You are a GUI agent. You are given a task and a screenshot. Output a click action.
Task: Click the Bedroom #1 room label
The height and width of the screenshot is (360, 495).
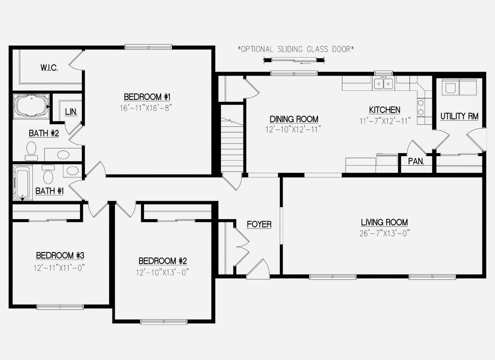(x=147, y=97)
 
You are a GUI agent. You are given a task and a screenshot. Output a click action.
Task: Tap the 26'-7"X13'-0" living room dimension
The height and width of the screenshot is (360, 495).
(x=384, y=234)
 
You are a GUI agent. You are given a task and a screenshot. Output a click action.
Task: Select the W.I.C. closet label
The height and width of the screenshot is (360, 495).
(x=49, y=67)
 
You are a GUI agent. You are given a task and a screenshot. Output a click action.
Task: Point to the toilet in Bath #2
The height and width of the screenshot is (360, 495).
(x=31, y=151)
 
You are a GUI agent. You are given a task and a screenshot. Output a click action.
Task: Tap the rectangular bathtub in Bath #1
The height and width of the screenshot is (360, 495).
(x=22, y=183)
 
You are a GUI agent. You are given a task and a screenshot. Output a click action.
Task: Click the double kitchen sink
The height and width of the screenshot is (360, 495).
(x=383, y=83)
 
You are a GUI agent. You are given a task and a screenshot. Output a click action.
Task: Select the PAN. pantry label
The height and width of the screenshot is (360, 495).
(x=416, y=162)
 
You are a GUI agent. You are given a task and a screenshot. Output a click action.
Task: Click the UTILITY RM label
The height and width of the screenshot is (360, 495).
(x=459, y=116)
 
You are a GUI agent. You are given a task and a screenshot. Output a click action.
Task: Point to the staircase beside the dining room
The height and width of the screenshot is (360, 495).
(x=232, y=139)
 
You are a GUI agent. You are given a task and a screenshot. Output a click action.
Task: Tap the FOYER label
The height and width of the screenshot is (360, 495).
(x=259, y=224)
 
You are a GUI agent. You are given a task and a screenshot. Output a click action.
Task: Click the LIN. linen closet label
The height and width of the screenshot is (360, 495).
(x=71, y=112)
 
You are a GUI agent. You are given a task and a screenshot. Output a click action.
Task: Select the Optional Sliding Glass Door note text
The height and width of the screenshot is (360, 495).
(x=296, y=49)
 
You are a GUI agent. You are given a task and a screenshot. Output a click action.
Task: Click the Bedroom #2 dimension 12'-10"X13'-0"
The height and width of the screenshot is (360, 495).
(x=162, y=272)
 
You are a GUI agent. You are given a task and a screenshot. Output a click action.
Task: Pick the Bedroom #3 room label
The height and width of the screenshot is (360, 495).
(x=60, y=255)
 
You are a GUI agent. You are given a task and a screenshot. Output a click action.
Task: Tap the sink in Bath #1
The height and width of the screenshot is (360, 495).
(x=72, y=171)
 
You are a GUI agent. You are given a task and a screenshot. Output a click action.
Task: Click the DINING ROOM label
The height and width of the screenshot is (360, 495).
(x=294, y=119)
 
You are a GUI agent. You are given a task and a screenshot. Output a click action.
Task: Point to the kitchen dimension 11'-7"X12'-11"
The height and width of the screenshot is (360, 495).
(x=385, y=121)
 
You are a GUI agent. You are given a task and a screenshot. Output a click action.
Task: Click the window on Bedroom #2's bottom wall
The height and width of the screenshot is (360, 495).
(x=164, y=322)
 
